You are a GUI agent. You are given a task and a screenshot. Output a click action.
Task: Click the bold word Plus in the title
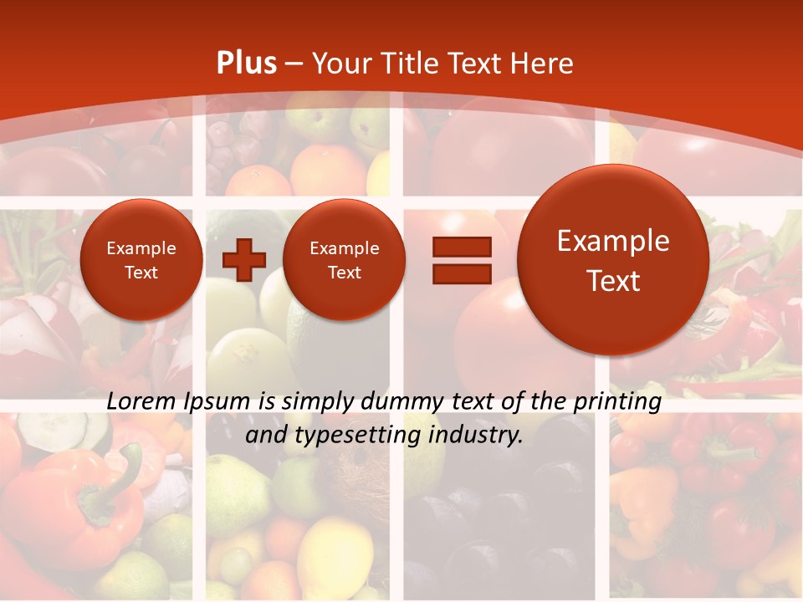click(x=246, y=64)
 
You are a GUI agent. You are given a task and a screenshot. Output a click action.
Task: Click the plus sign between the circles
click(x=244, y=259)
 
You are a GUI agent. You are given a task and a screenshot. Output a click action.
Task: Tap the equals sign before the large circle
click(x=461, y=260)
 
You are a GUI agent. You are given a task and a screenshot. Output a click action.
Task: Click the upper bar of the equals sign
click(x=461, y=247)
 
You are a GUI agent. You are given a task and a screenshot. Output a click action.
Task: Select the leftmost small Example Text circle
click(x=141, y=260)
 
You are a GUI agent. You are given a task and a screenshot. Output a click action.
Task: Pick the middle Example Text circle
click(x=344, y=260)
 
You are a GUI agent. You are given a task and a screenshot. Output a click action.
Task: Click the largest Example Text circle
click(x=613, y=260)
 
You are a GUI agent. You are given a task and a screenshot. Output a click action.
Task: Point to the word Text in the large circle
click(x=613, y=281)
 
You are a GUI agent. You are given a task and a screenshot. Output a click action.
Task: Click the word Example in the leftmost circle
click(x=141, y=248)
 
